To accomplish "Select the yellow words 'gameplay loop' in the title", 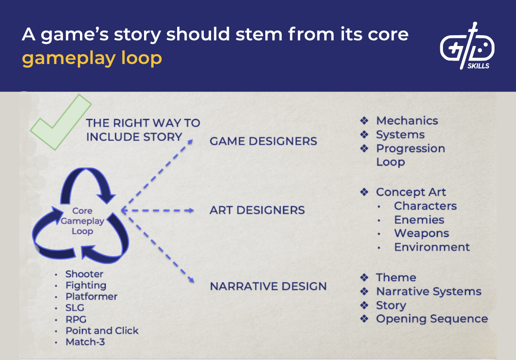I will [92, 58].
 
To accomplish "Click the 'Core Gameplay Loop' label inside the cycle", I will [82, 221].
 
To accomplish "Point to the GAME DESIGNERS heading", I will [263, 141].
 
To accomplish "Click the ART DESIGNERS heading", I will [257, 210].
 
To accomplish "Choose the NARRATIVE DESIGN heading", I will [268, 286].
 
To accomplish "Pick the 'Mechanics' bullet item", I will [407, 121].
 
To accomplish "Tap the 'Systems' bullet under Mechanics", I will [400, 134].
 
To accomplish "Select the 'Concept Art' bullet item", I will [411, 192].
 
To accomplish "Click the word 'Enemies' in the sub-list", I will [419, 220].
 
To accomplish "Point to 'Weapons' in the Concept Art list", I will [421, 233].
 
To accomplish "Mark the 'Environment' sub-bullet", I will [432, 247].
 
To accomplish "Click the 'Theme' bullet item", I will [396, 278].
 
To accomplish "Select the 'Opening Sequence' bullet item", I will [432, 319].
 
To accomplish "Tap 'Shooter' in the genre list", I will [84, 274].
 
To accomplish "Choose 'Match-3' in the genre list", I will [85, 342].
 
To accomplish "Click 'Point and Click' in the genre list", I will [102, 330].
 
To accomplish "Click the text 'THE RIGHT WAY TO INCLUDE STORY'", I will [143, 130].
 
